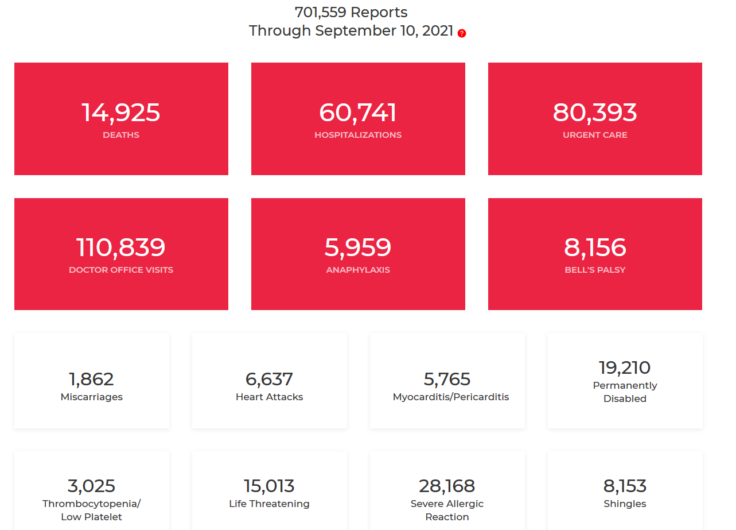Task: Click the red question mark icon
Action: (462, 33)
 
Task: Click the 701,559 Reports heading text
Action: (351, 12)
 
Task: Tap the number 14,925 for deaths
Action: (120, 113)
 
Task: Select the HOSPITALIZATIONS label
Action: (358, 135)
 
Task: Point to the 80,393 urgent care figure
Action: (595, 113)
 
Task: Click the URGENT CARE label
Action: (595, 135)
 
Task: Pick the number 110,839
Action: (120, 247)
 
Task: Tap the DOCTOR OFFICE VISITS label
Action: (121, 270)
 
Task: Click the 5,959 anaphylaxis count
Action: (358, 247)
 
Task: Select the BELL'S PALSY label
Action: (595, 270)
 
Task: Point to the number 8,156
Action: (595, 247)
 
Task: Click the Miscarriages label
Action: (92, 397)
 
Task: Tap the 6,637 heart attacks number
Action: (269, 379)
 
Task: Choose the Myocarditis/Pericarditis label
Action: (451, 397)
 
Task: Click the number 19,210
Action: (625, 367)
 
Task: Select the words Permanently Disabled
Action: (625, 392)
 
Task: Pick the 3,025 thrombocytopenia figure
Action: (91, 486)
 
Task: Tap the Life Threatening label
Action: (269, 504)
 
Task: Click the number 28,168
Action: (447, 486)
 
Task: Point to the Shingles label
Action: (625, 504)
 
